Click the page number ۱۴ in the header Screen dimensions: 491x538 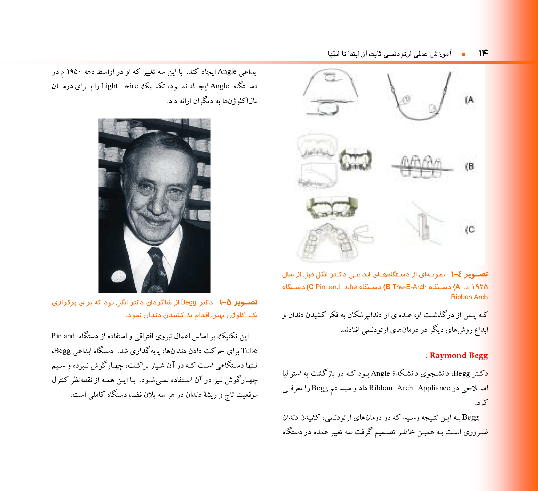(483, 53)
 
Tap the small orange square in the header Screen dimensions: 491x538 (463, 54)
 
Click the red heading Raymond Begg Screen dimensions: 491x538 (459, 356)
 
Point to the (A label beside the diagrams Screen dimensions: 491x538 (470, 100)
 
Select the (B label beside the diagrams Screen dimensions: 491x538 (470, 167)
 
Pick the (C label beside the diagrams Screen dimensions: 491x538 (470, 230)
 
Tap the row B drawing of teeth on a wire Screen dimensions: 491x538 (422, 167)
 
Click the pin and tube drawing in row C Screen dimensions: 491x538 (424, 226)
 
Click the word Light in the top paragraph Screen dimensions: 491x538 (109, 86)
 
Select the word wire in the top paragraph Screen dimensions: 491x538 (131, 86)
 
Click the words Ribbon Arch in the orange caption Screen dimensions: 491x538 (469, 297)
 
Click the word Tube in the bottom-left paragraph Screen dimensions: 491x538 (249, 351)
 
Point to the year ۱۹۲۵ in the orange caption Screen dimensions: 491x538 (480, 287)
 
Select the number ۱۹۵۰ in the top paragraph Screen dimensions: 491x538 (74, 72)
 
